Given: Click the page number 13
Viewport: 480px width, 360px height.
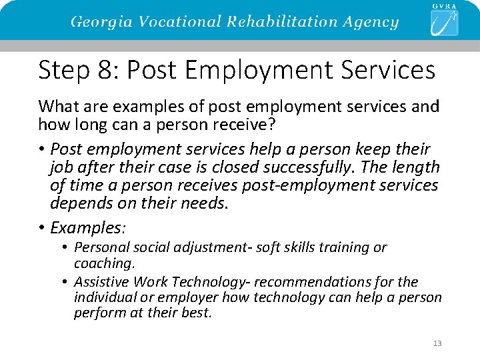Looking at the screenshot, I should [437, 343].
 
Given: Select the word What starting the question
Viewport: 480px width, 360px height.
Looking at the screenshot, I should [56, 106].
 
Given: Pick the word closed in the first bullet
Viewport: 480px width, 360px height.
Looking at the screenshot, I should [237, 167].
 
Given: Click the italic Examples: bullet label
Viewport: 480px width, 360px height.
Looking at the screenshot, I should [88, 228].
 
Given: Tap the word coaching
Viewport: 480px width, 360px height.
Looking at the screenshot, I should [104, 263].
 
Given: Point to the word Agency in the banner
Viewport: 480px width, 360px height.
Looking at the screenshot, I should [371, 21].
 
